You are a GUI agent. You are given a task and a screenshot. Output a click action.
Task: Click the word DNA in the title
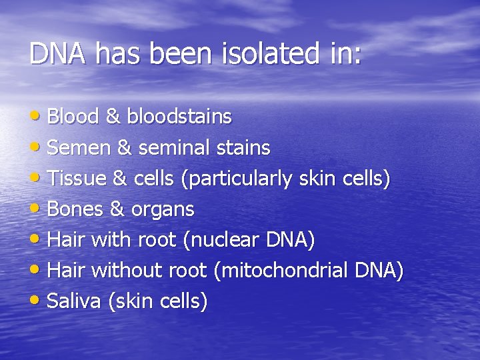coord(58,54)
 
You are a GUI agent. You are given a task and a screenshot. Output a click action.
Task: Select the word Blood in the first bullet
coord(73,117)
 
